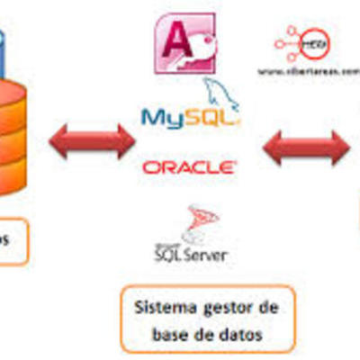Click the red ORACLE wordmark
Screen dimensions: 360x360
coord(189,166)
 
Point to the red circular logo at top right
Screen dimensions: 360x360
coord(310,43)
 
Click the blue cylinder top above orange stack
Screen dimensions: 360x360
coord(4,40)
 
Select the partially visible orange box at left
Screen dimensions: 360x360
coord(11,240)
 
